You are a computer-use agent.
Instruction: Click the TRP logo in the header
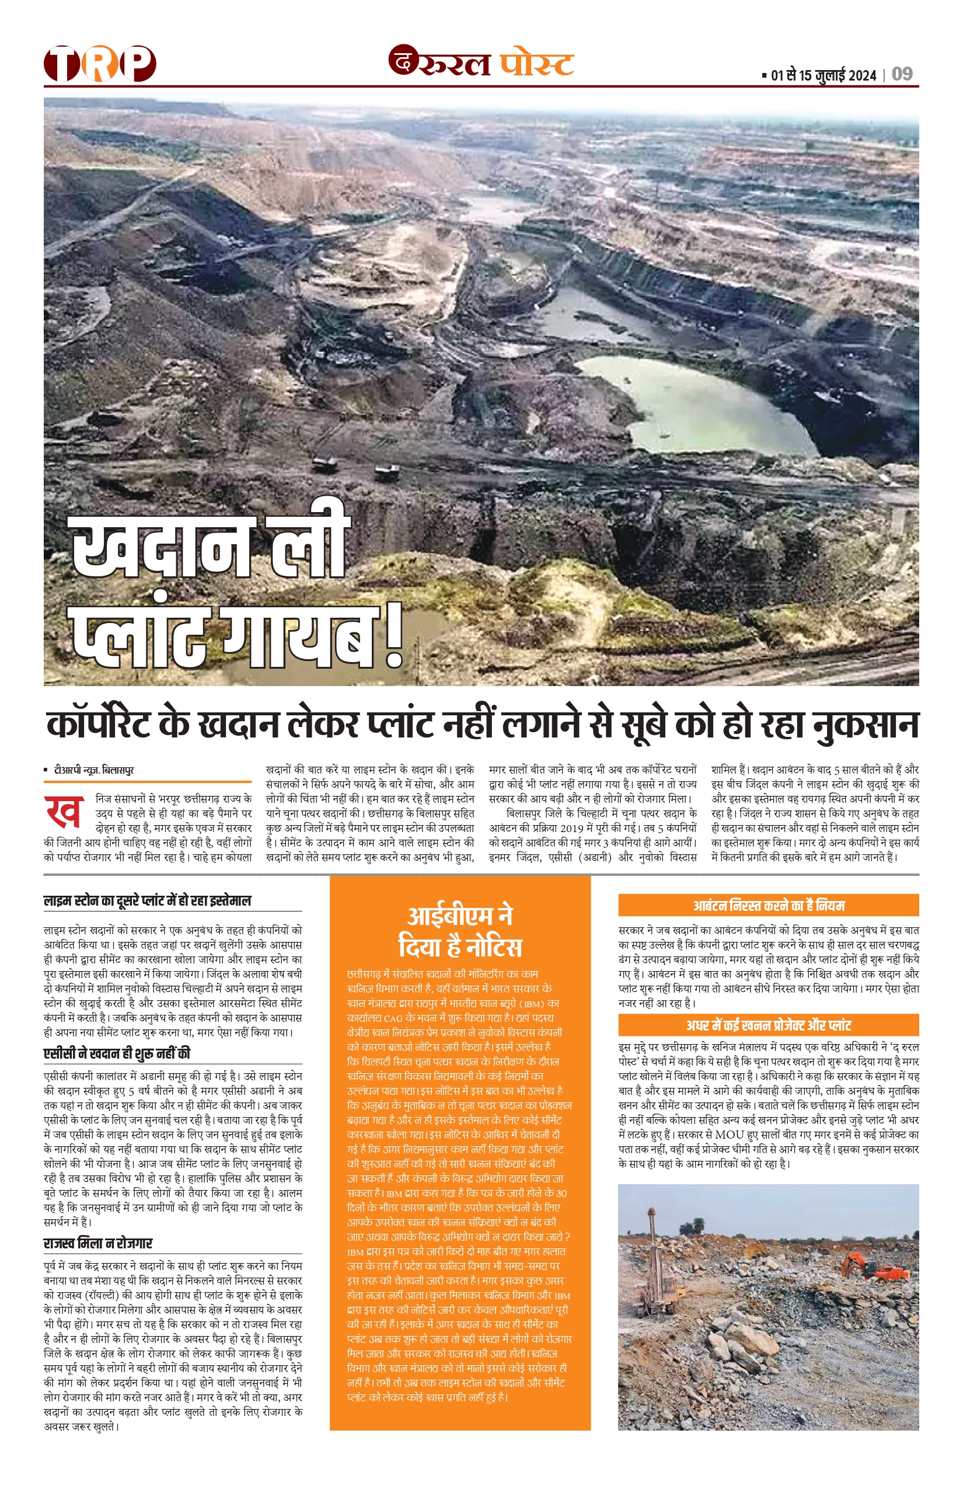point(99,63)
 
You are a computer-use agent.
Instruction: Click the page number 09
point(902,75)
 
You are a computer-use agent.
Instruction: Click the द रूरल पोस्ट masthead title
point(481,63)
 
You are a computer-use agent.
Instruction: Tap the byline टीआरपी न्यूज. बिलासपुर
point(94,770)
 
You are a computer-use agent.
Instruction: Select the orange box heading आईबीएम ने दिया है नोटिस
point(460,931)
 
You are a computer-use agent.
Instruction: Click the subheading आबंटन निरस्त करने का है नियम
point(768,905)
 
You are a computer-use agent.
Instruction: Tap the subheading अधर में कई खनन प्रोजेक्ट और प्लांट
point(768,1025)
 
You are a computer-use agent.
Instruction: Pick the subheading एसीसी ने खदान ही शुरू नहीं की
point(117,1053)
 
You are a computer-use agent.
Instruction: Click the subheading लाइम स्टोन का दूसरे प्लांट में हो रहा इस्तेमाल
point(148,901)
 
